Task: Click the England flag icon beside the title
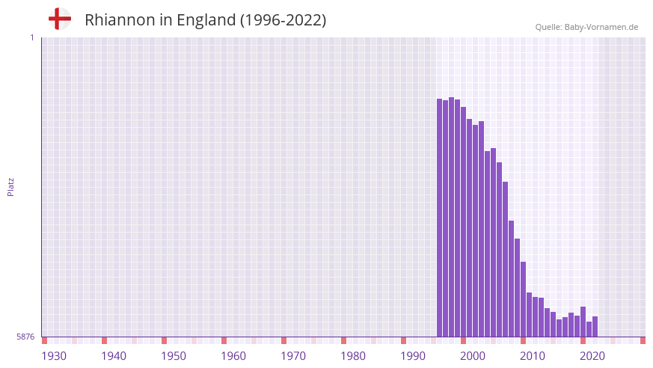click(59, 19)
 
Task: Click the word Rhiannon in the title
click(119, 20)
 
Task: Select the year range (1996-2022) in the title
click(283, 20)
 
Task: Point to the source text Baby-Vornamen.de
click(601, 27)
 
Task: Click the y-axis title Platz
click(10, 186)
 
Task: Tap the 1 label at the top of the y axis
click(31, 37)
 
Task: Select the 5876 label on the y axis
click(25, 337)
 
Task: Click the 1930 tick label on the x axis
click(54, 356)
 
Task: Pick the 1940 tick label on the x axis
click(114, 356)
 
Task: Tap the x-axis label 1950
click(174, 356)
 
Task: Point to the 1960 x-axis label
click(233, 356)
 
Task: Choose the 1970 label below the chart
click(293, 356)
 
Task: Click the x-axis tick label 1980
click(353, 356)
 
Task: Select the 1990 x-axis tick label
click(413, 356)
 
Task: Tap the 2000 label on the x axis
click(473, 356)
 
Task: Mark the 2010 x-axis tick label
click(533, 356)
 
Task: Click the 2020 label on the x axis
click(592, 356)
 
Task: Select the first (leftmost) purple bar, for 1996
click(440, 217)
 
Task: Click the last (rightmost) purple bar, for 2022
click(595, 327)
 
